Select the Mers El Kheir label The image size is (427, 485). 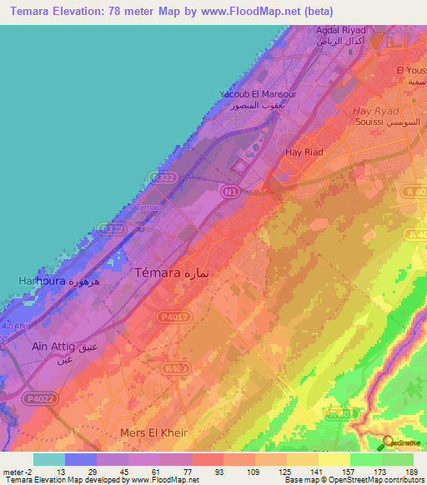[x=154, y=432]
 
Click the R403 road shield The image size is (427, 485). [x=175, y=368]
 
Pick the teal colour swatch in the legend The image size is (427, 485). [x=49, y=459]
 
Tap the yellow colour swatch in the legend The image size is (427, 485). [x=334, y=459]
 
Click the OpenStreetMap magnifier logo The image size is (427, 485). [x=387, y=443]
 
